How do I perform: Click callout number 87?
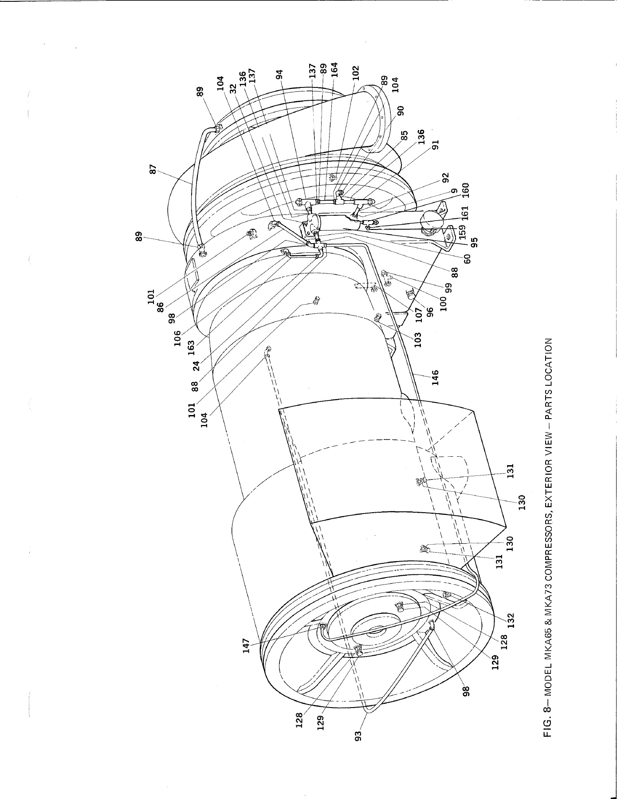pyautogui.click(x=153, y=169)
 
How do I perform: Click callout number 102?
pyautogui.click(x=355, y=73)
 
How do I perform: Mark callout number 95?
pyautogui.click(x=474, y=243)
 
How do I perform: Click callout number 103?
pyautogui.click(x=417, y=340)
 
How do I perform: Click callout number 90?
pyautogui.click(x=400, y=111)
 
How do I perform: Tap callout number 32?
pyautogui.click(x=232, y=89)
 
